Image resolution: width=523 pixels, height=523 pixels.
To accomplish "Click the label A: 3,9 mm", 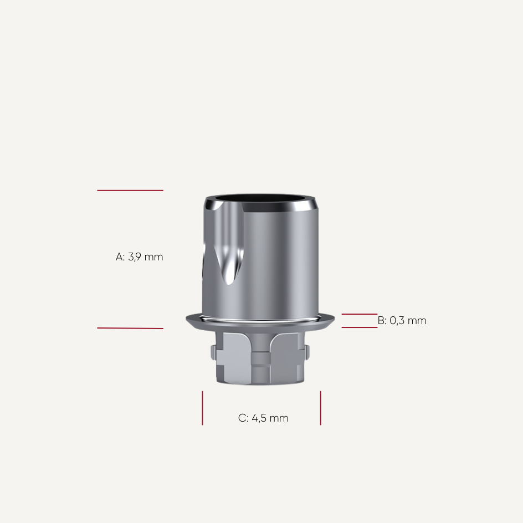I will (x=139, y=257).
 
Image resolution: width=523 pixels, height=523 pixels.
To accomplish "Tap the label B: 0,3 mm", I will (x=402, y=321).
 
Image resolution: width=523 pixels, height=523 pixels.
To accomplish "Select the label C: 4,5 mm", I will (x=263, y=418).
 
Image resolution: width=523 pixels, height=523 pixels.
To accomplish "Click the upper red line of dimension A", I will (x=130, y=191).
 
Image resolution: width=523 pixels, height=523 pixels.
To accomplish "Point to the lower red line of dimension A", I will (x=130, y=328).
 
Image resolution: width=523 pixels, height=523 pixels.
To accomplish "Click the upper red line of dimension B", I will (x=359, y=314).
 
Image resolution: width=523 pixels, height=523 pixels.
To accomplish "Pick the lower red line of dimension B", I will (x=359, y=327).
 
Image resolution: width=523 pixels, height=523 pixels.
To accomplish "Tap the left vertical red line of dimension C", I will (x=202, y=408).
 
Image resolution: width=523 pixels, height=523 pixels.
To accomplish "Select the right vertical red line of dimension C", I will (x=320, y=408).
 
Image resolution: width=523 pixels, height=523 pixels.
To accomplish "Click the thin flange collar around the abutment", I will (x=260, y=321).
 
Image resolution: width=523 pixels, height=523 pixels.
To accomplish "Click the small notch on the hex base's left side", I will (x=214, y=351).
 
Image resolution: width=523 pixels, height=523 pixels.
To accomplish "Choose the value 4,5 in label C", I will (x=260, y=418).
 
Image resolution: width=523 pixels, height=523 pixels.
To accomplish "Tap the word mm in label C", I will (x=279, y=418).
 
